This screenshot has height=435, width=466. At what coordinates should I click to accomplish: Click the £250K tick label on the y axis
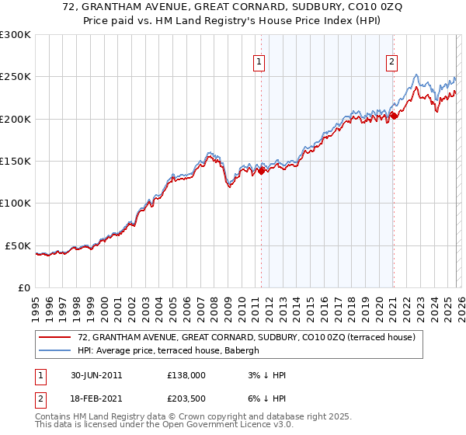[x=16, y=77]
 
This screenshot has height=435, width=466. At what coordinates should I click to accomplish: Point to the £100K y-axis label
[x=16, y=204]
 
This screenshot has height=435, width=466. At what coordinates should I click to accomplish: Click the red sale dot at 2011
[x=262, y=172]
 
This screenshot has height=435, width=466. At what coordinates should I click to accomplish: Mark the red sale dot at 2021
[x=394, y=116]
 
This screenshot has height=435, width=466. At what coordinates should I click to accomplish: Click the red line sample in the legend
[x=56, y=338]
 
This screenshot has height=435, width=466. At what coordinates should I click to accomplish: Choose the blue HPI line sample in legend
[x=56, y=350]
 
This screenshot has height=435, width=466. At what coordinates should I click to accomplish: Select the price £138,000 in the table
[x=186, y=375]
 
